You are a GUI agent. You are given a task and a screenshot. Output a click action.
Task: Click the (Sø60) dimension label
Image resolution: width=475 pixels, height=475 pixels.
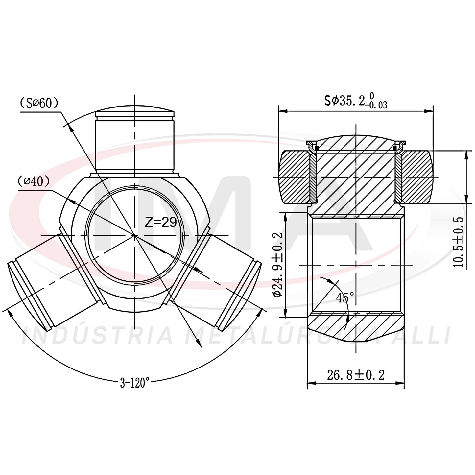tap(39, 103)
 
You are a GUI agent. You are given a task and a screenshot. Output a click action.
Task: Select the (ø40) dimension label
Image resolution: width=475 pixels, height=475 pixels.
tap(34, 182)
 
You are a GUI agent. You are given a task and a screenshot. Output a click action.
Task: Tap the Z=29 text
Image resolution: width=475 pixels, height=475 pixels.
tap(160, 222)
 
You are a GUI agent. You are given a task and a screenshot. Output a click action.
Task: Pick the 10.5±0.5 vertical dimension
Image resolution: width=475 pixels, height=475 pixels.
tap(458, 242)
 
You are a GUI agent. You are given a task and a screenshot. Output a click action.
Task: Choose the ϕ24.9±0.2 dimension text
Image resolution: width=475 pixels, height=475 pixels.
tap(278, 264)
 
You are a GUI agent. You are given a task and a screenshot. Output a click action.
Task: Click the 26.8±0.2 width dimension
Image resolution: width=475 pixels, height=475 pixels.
tap(356, 375)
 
